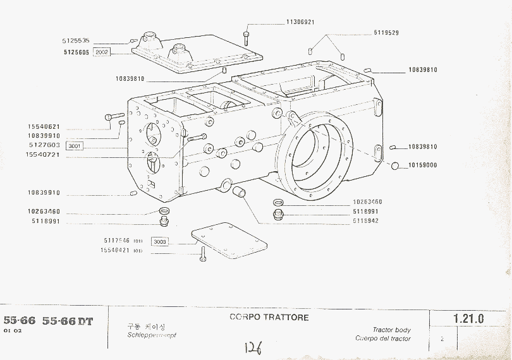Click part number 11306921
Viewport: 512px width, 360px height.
pyautogui.click(x=300, y=22)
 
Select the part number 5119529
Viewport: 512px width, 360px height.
pyautogui.click(x=386, y=32)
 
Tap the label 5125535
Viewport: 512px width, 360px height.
pyautogui.click(x=76, y=40)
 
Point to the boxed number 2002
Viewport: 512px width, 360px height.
pyautogui.click(x=101, y=52)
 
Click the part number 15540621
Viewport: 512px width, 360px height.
pyautogui.click(x=44, y=126)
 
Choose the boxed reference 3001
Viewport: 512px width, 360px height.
pyautogui.click(x=75, y=146)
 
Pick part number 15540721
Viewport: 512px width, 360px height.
pyautogui.click(x=44, y=155)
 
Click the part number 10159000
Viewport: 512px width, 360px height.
pyautogui.click(x=423, y=165)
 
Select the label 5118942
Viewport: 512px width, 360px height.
pyautogui.click(x=366, y=221)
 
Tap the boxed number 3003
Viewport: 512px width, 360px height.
pyautogui.click(x=160, y=241)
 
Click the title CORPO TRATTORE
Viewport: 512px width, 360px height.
pyautogui.click(x=269, y=317)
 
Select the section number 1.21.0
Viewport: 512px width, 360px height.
pyautogui.click(x=468, y=319)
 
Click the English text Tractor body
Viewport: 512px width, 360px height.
pyautogui.click(x=391, y=330)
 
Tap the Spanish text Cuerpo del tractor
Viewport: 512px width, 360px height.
pyautogui.click(x=383, y=339)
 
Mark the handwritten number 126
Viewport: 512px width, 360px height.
pyautogui.click(x=253, y=347)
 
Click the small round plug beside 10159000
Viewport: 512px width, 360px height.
pyautogui.click(x=394, y=165)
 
